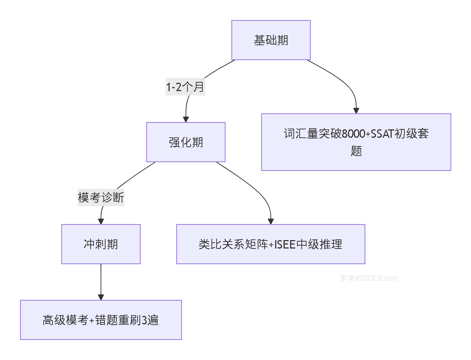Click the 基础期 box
point(271,40)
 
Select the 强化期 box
point(186,142)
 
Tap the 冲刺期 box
point(101,244)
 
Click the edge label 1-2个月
point(185,87)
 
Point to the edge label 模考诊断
point(101,197)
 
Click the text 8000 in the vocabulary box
point(353,134)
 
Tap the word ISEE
point(285,244)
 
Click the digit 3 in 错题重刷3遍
point(145,320)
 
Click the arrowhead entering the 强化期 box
point(186,119)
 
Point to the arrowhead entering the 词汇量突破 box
point(356,111)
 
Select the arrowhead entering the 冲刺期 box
point(101,221)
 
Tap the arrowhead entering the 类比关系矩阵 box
point(270,221)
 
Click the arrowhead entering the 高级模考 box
point(101,297)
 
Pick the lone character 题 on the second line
point(356,151)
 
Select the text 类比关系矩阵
point(233,244)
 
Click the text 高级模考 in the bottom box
point(65,320)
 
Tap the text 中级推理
point(319,244)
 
